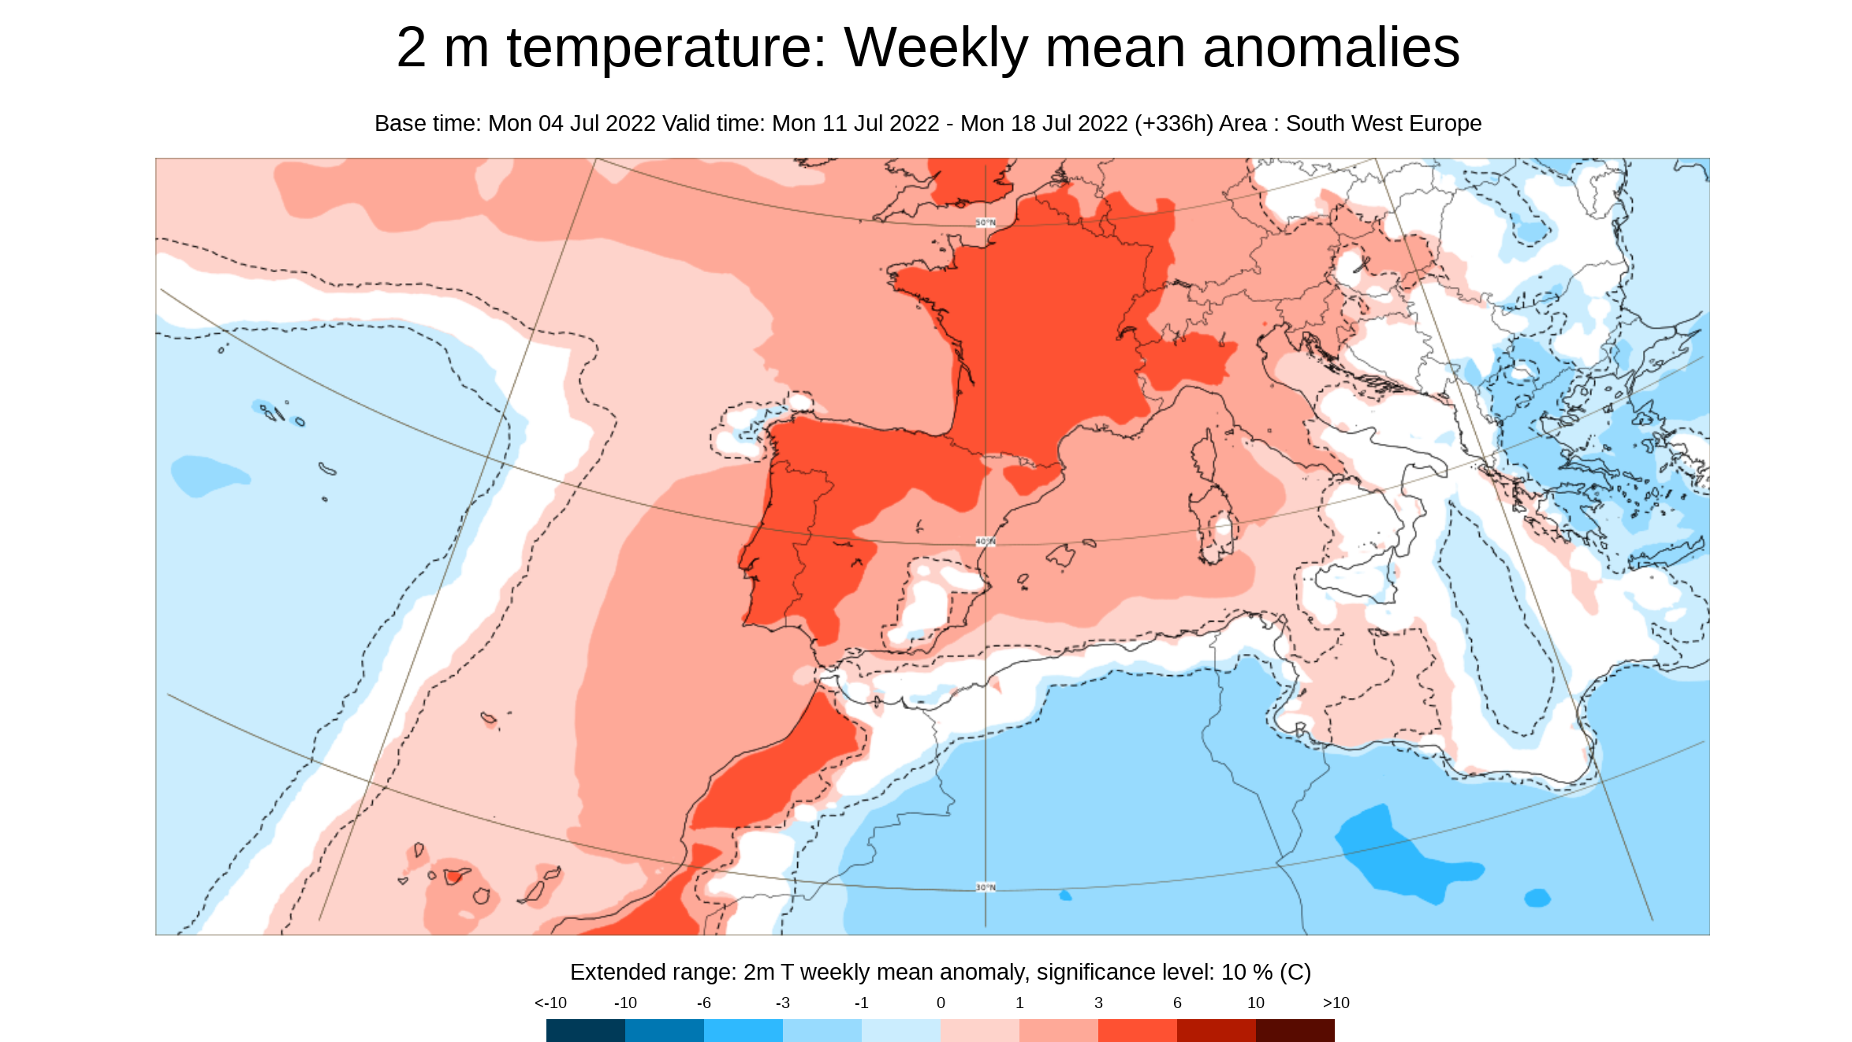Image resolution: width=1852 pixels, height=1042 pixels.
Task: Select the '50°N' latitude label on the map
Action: coord(986,223)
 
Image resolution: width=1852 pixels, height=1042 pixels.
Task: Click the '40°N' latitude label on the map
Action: coord(986,542)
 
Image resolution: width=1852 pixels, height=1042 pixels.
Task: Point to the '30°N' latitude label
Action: coord(986,887)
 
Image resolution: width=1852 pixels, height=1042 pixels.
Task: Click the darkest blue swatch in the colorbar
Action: coord(585,1030)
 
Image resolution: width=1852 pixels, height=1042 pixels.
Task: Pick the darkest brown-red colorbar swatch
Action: coord(1295,1030)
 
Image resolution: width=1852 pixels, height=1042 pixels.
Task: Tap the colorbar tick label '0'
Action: coord(941,1003)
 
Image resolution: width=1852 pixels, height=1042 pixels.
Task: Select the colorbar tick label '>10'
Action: coord(1336,1003)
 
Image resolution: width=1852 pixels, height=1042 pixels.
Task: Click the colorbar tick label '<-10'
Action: coord(550,1003)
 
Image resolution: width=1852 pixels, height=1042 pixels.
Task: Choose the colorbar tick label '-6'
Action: coord(703,1003)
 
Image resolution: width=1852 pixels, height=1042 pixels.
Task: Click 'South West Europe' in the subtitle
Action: coord(1383,124)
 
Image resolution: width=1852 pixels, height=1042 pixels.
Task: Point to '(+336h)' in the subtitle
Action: coord(1173,124)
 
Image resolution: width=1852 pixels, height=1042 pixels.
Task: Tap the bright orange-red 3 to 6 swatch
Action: coord(1137,1030)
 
